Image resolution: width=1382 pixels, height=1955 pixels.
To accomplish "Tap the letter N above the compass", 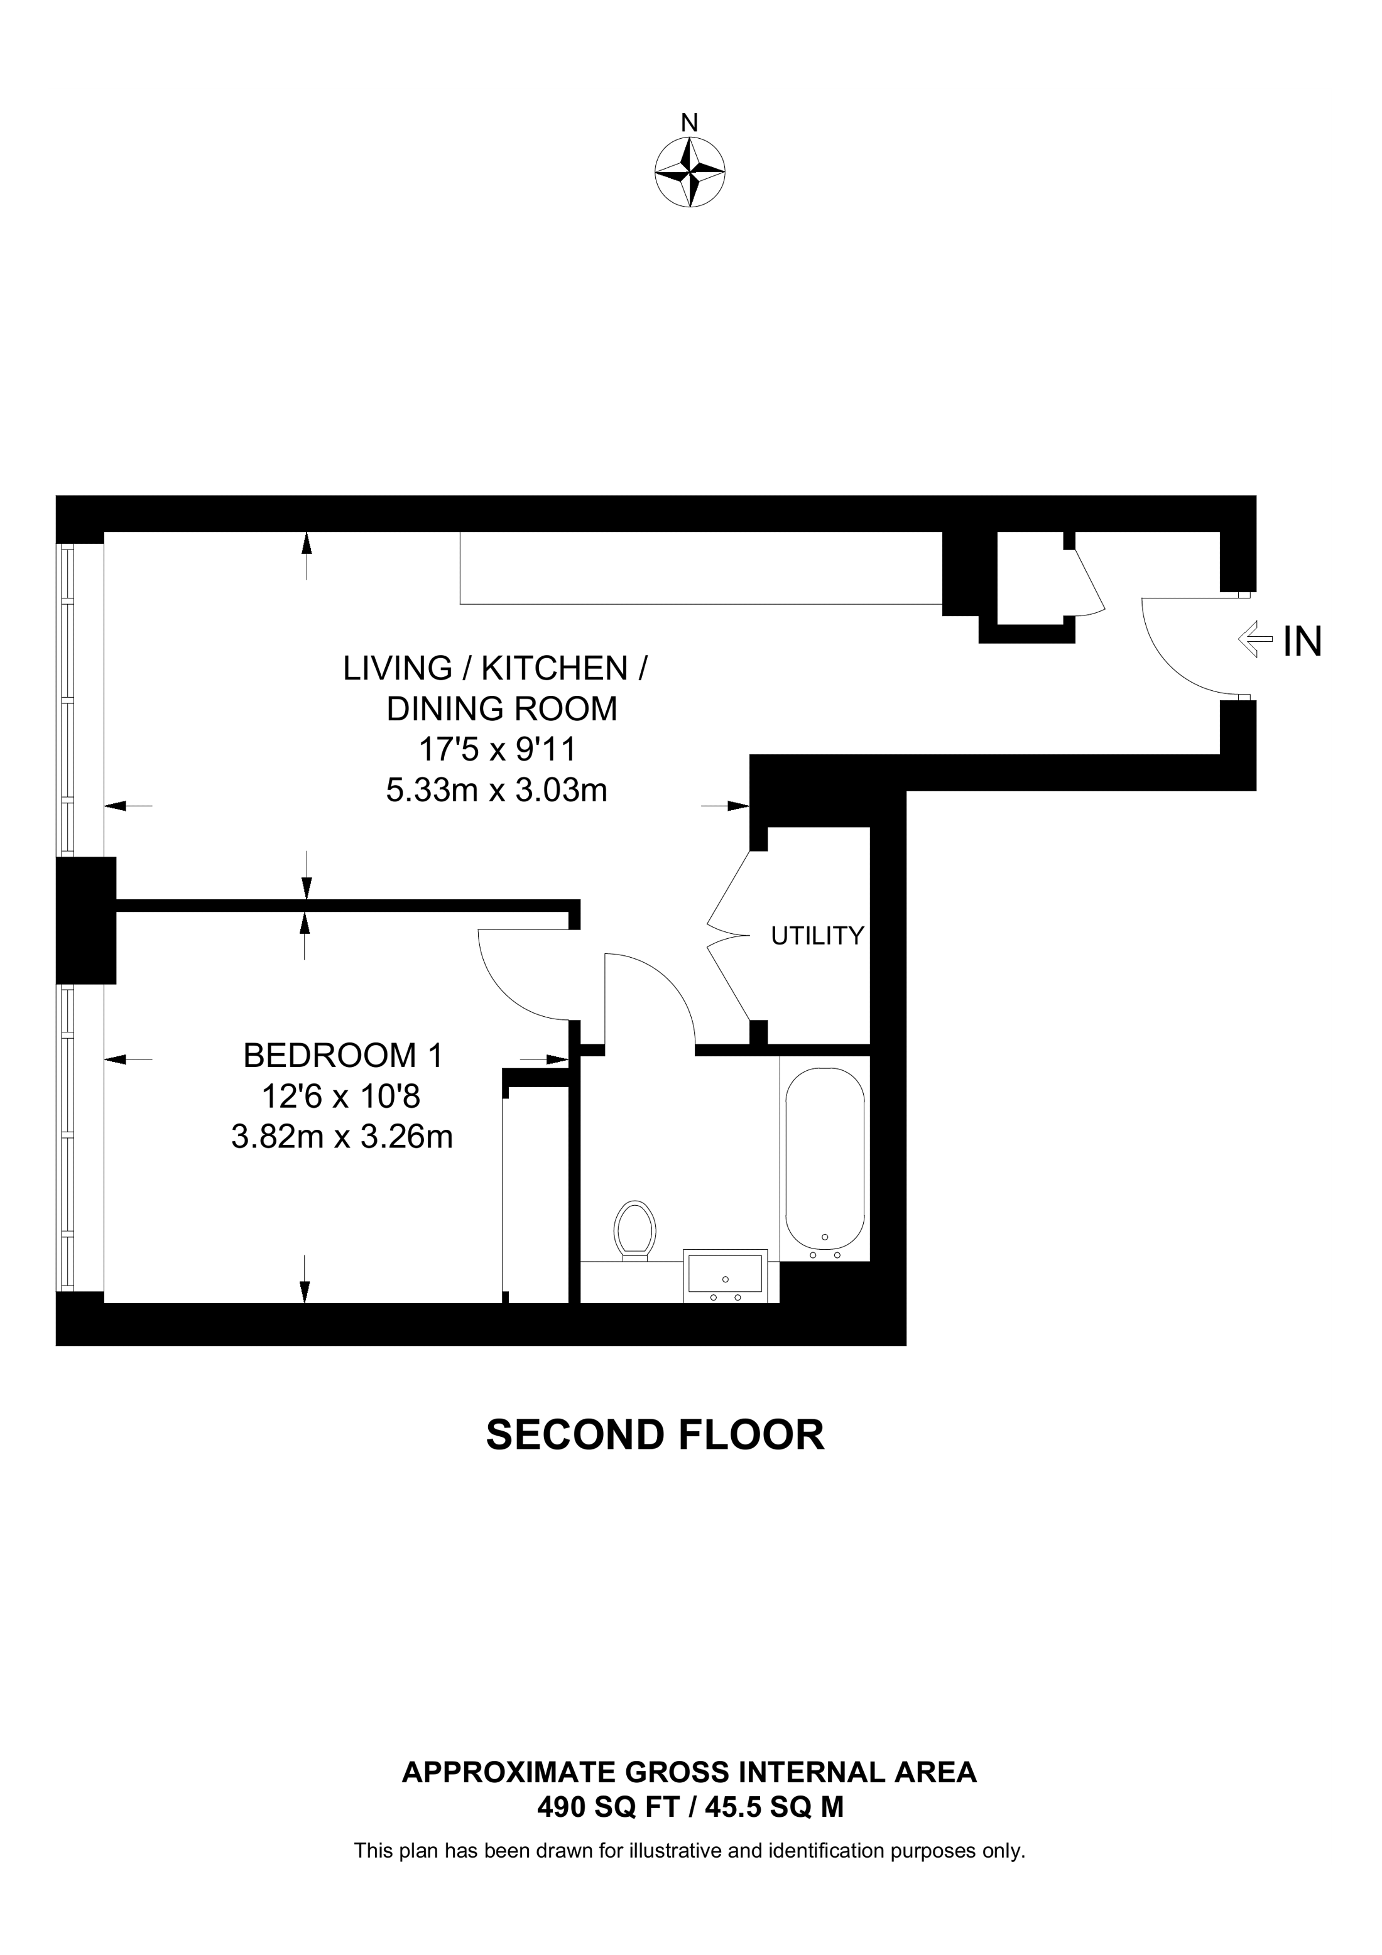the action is point(690,124).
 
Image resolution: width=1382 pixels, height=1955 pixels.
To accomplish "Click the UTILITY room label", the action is point(817,936).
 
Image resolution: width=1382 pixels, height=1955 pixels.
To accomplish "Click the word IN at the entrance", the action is point(1302,641).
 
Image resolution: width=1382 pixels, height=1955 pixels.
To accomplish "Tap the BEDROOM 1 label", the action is point(343,1056).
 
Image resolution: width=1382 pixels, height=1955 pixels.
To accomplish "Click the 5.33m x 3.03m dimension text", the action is point(496,790).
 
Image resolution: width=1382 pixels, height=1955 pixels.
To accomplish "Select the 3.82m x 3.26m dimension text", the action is point(342,1137).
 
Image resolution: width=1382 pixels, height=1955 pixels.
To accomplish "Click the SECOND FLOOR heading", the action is point(655,1435).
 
